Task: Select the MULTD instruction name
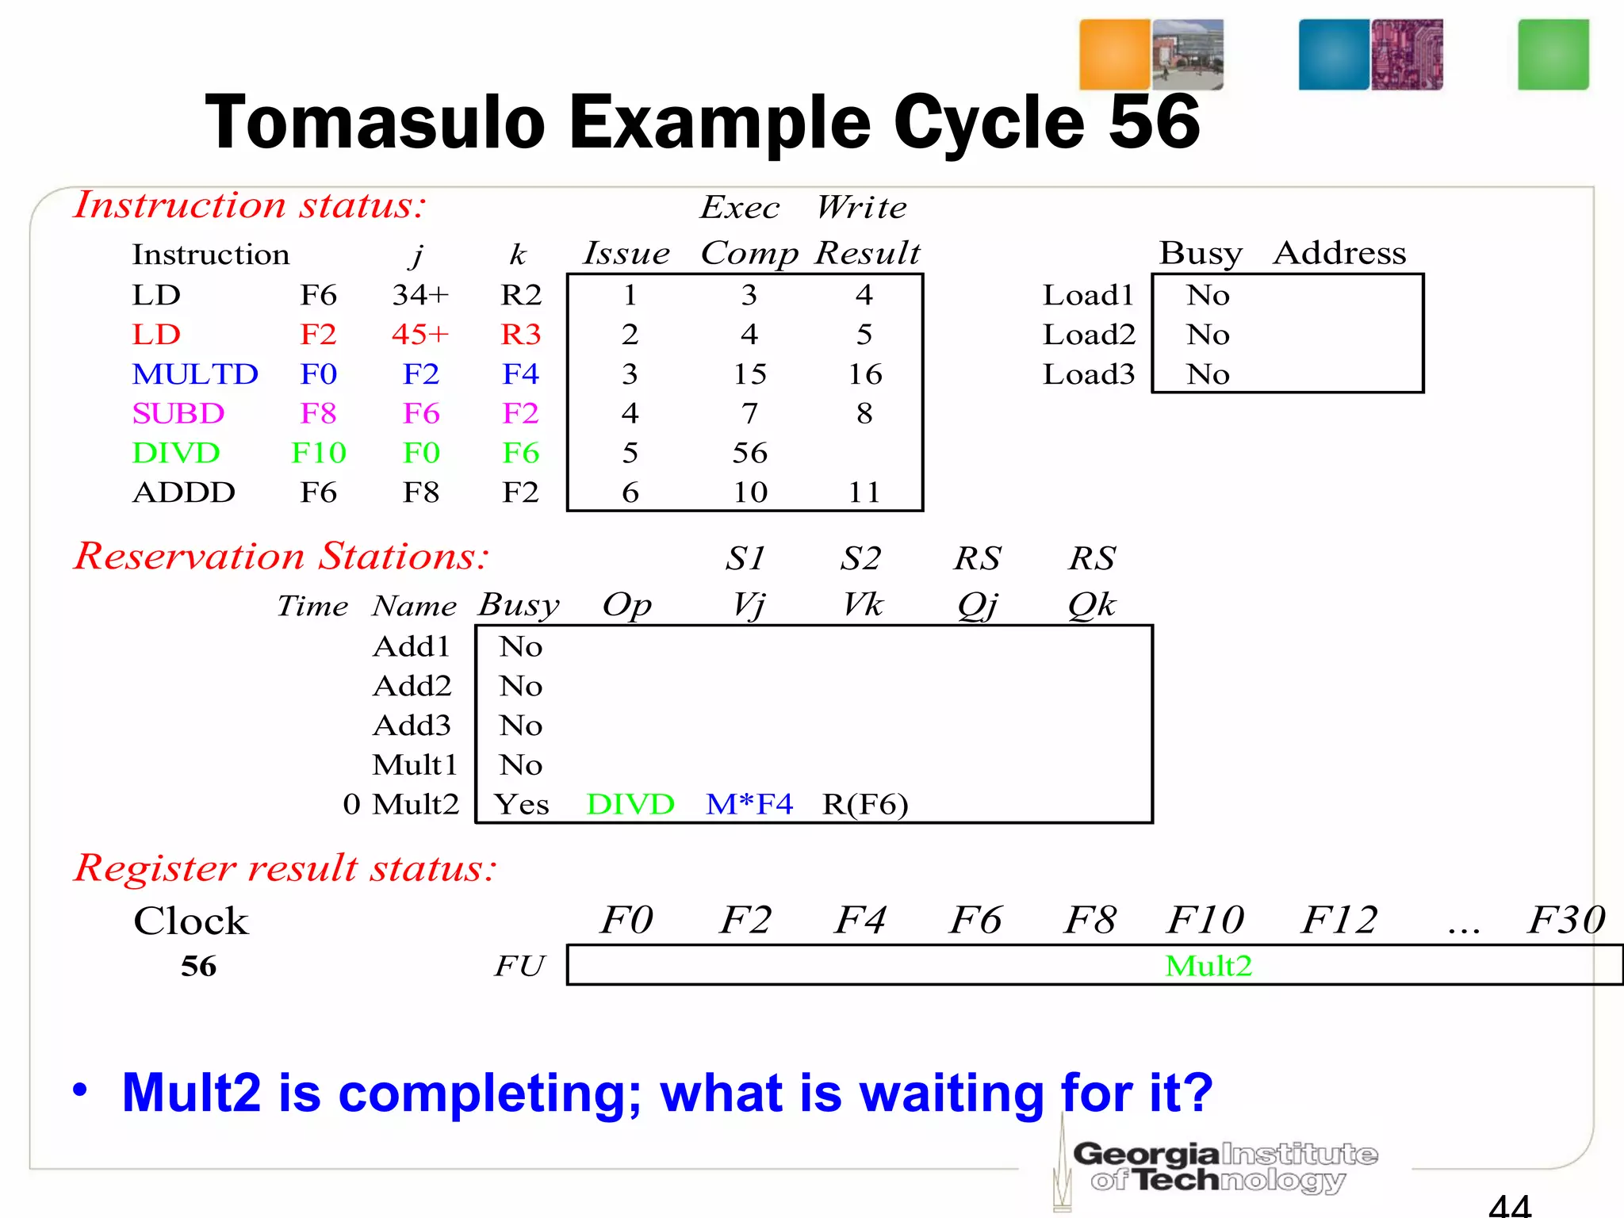(x=195, y=374)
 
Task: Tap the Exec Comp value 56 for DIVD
(x=749, y=454)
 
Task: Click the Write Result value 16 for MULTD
(x=864, y=374)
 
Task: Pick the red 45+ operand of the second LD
(x=420, y=335)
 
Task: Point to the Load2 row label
(x=1089, y=335)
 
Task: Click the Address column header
(x=1339, y=253)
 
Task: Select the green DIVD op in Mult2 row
(x=630, y=805)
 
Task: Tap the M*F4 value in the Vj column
(x=749, y=805)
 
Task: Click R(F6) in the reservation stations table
(x=864, y=805)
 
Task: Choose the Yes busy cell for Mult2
(x=521, y=805)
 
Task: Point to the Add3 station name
(x=412, y=726)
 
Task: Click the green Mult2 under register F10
(x=1208, y=966)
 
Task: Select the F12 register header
(x=1339, y=921)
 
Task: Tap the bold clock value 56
(x=198, y=966)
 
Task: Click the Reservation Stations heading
(x=282, y=556)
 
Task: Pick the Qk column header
(x=1091, y=605)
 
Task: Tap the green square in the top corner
(x=1553, y=55)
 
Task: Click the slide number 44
(x=1509, y=1205)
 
